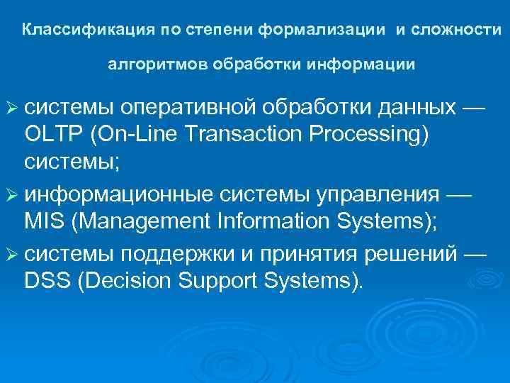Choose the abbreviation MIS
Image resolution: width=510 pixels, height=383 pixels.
pos(44,221)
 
